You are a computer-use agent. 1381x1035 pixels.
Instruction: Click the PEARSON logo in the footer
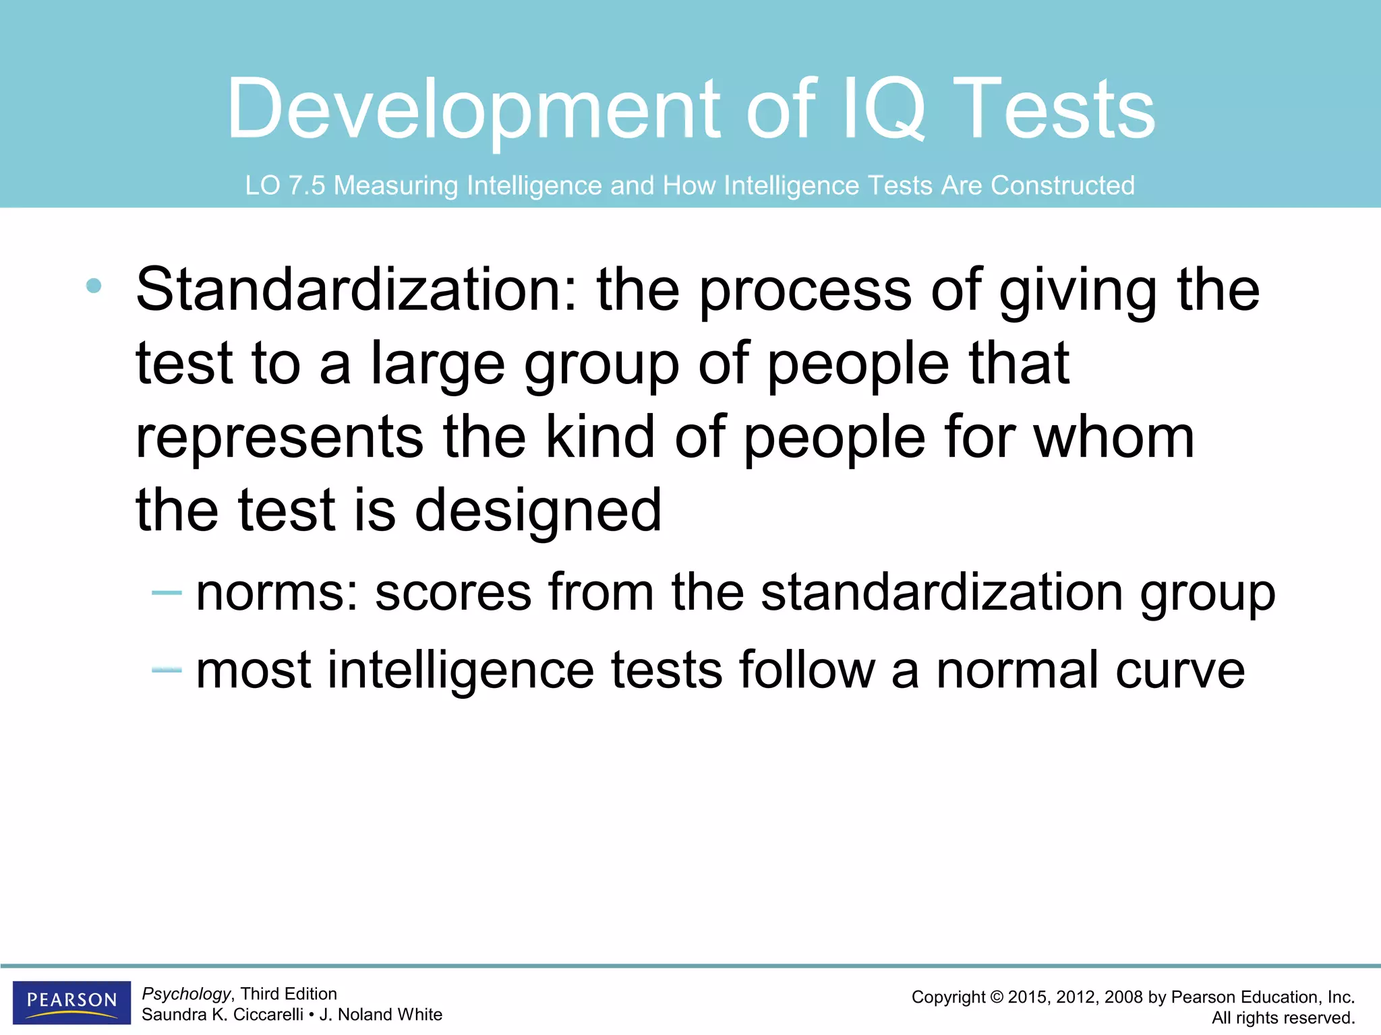point(71,1001)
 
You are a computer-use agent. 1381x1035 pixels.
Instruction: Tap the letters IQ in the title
point(884,110)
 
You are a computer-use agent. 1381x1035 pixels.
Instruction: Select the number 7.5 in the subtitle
point(307,185)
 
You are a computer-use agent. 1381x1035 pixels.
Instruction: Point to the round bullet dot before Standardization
point(94,286)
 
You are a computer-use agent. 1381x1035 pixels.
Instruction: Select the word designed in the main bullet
point(538,510)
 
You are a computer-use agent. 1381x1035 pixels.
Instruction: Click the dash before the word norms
point(167,592)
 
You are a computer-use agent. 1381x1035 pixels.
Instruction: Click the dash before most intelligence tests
point(167,670)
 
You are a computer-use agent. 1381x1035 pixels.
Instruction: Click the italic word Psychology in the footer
point(187,994)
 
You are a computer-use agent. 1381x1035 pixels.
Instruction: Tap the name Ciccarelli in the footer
point(268,1015)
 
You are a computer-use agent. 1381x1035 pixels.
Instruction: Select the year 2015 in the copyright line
point(1027,997)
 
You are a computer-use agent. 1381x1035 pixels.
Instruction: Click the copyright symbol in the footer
point(996,997)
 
